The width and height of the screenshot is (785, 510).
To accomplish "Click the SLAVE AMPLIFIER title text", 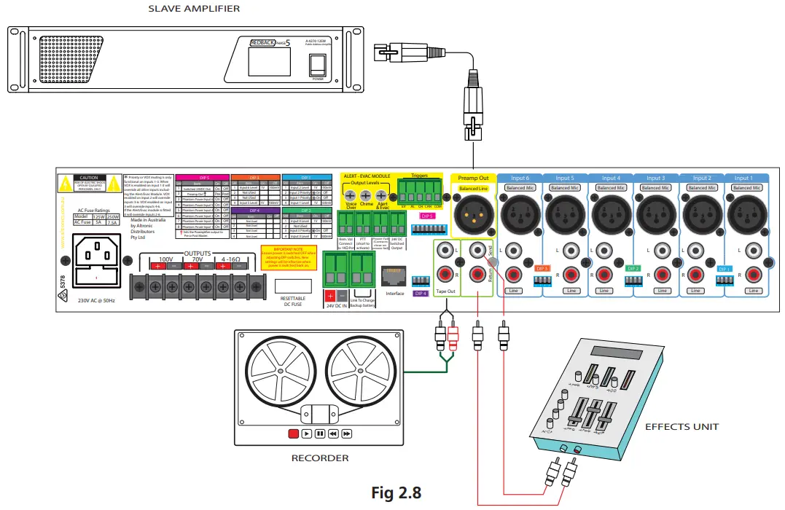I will coord(194,9).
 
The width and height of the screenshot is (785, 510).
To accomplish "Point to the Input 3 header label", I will coord(655,178).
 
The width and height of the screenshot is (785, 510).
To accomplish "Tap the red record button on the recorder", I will coord(293,433).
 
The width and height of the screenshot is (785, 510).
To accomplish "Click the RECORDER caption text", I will coord(320,458).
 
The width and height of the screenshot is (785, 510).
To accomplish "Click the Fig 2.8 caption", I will coord(397,493).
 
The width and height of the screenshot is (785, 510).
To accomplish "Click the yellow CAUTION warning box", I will coord(87,183).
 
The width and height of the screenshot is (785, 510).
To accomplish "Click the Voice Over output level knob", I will coord(350,196).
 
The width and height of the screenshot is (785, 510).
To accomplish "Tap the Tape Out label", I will coord(445,291).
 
